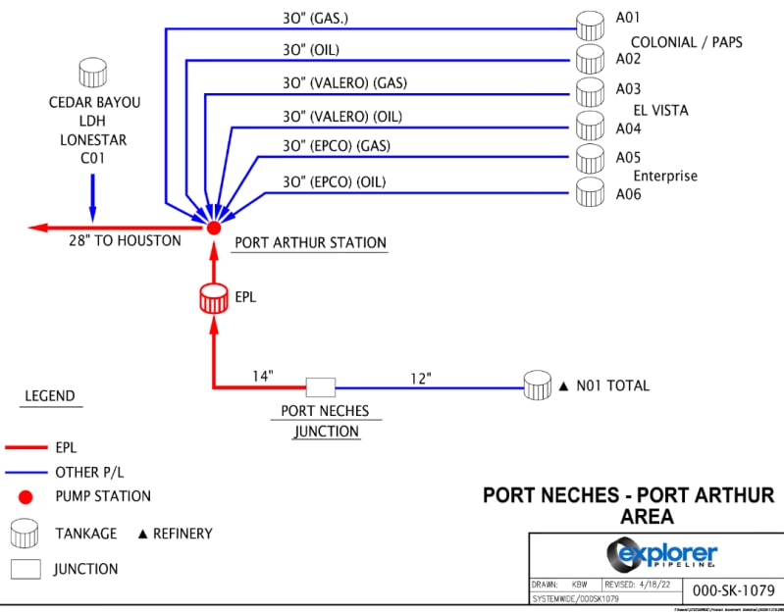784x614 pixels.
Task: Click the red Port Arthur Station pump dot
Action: click(213, 228)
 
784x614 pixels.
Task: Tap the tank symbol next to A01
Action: click(590, 25)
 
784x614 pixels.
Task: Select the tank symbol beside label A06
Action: click(590, 191)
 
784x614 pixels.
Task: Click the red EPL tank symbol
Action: click(213, 299)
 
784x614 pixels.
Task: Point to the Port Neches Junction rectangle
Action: click(320, 387)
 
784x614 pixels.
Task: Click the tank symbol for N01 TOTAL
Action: click(537, 385)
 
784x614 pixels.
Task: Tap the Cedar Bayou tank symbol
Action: click(92, 73)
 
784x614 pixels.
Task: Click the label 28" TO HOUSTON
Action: click(125, 240)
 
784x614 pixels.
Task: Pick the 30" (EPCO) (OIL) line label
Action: click(334, 181)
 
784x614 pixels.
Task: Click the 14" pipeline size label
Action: click(262, 376)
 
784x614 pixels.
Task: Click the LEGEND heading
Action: click(49, 396)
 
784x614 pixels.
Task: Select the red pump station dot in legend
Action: click(26, 496)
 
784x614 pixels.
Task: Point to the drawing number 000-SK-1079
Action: click(733, 590)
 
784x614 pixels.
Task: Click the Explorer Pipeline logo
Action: click(661, 556)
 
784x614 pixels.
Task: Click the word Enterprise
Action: click(664, 176)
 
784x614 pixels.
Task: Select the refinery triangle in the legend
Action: click(142, 535)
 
